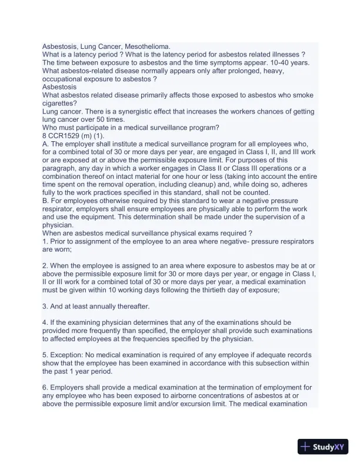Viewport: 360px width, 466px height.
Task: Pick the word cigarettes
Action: tap(62, 104)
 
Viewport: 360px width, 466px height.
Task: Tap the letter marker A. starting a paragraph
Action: tap(46, 145)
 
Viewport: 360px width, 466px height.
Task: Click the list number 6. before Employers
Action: tap(46, 387)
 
